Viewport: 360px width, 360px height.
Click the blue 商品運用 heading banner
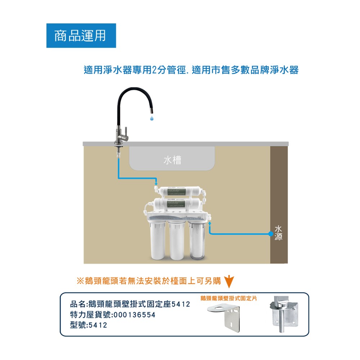click(81, 36)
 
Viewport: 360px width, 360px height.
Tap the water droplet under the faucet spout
click(152, 118)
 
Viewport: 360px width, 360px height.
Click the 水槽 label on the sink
click(172, 160)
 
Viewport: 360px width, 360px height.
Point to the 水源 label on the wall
click(278, 233)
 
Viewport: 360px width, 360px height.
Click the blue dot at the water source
click(271, 234)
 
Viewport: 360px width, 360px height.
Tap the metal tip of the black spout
click(152, 111)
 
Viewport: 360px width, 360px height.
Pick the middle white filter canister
click(177, 240)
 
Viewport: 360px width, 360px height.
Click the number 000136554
click(135, 315)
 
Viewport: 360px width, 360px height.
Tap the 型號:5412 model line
click(89, 325)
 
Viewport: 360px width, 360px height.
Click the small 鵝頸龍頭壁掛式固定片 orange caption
click(229, 298)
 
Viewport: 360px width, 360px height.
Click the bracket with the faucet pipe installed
click(284, 314)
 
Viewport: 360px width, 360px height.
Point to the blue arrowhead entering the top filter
click(156, 184)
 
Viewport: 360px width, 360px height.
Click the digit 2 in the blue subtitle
click(154, 70)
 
